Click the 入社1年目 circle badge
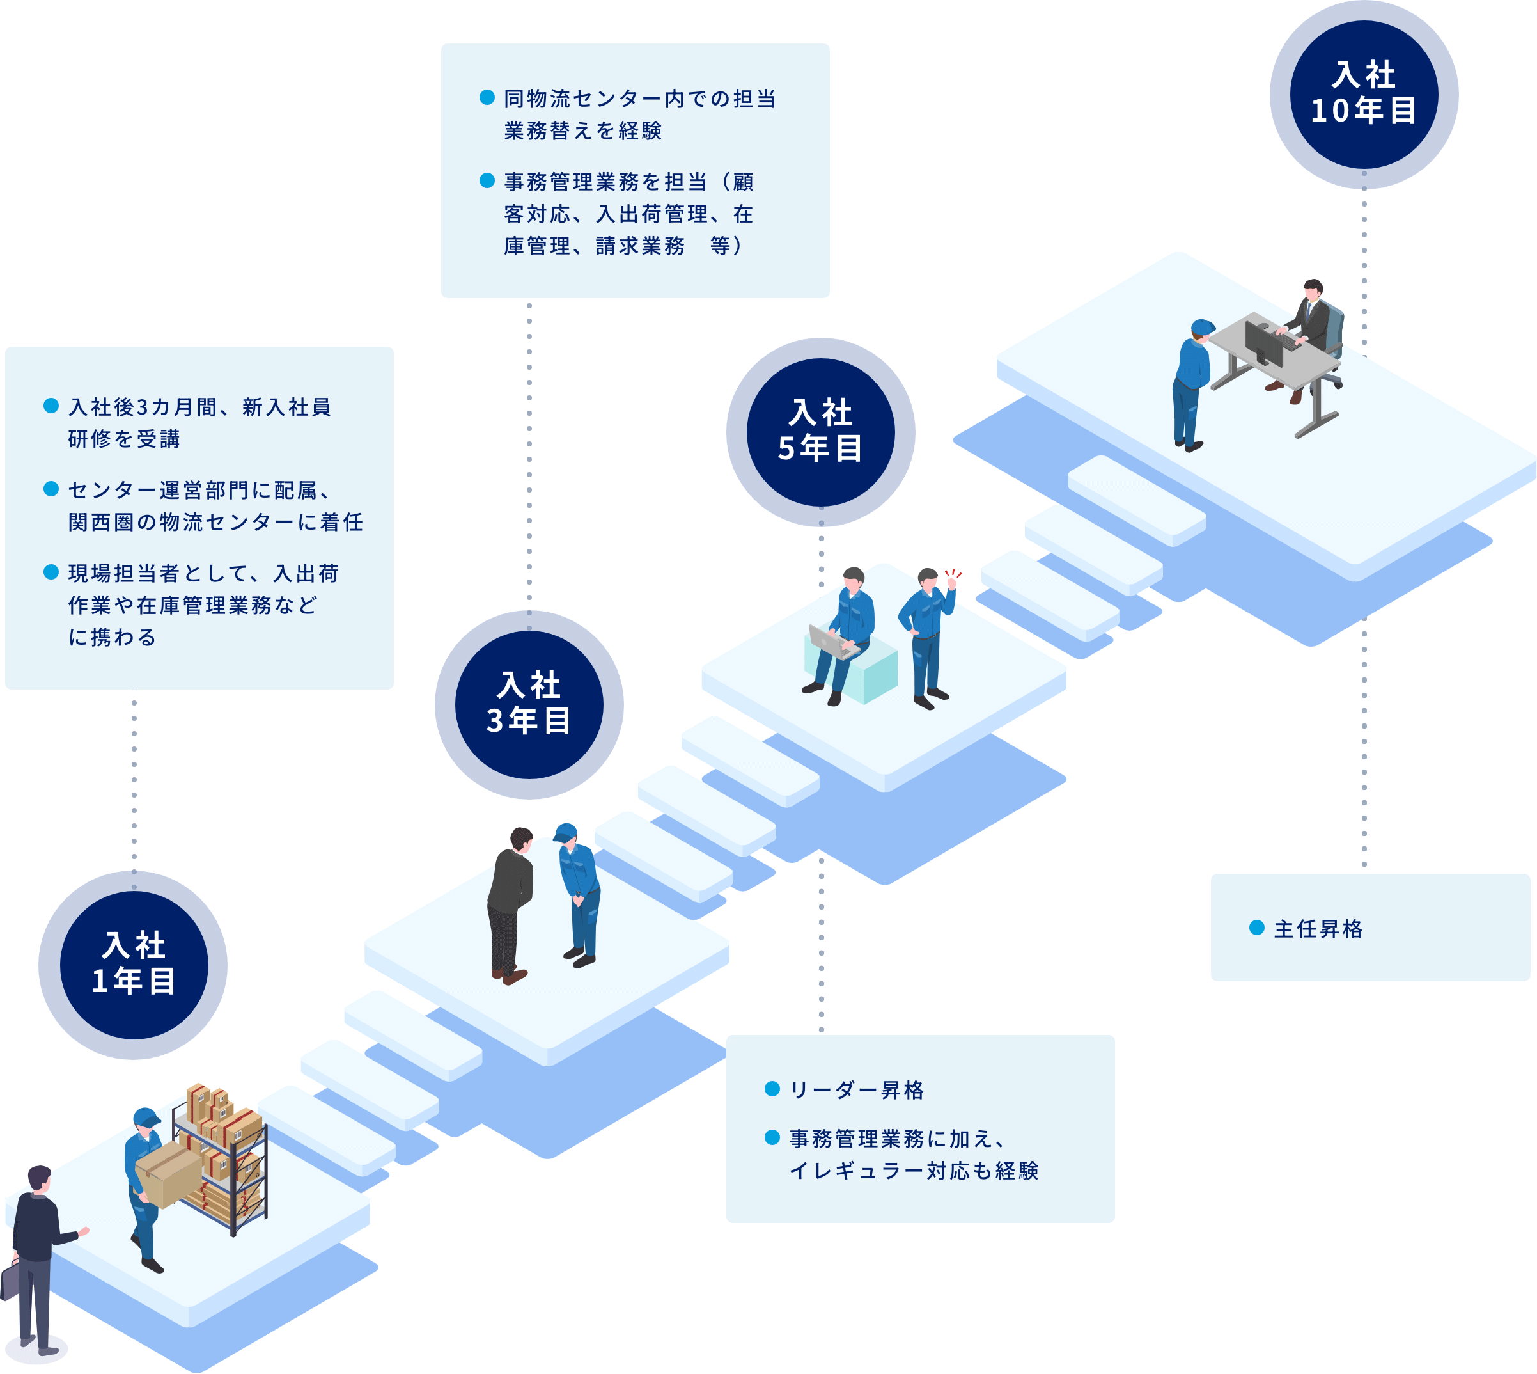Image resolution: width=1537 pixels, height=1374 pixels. [x=133, y=964]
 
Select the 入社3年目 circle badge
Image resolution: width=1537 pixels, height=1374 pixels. [x=528, y=704]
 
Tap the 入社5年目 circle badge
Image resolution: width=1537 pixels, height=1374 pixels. [x=820, y=432]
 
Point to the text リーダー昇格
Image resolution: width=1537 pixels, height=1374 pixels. [x=856, y=1089]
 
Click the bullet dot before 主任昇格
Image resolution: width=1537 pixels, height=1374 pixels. [x=1256, y=928]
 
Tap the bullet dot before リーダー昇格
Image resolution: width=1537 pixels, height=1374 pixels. [x=772, y=1089]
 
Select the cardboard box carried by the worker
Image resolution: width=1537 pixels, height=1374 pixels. [x=168, y=1174]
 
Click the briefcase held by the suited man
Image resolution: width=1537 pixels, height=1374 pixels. [x=11, y=1278]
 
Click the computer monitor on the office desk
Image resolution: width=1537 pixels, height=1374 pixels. [x=1263, y=343]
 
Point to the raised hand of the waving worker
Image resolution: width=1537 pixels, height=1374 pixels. [x=951, y=582]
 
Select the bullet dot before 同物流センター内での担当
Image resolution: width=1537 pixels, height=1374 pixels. [x=487, y=97]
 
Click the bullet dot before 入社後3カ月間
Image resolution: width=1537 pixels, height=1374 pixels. [x=51, y=406]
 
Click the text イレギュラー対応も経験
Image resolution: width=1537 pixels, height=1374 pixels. [x=913, y=1170]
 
